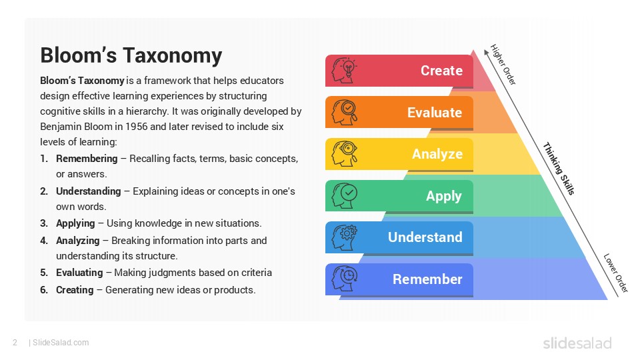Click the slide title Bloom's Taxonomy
(131, 55)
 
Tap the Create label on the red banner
(441, 71)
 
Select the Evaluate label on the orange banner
(435, 113)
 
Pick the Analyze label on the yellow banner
(437, 154)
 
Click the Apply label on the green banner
(444, 196)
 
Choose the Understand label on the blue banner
(425, 237)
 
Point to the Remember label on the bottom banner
(427, 279)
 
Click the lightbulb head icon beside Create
(345, 71)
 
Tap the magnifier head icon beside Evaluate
(345, 112)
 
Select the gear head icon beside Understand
(345, 237)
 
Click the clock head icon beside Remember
(345, 279)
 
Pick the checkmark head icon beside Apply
(345, 195)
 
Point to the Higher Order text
(503, 64)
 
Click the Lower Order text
(615, 273)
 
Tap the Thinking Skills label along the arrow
(558, 169)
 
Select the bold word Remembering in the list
(86, 159)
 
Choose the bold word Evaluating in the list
(79, 273)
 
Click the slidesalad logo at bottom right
(577, 343)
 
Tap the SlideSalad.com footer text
(60, 343)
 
